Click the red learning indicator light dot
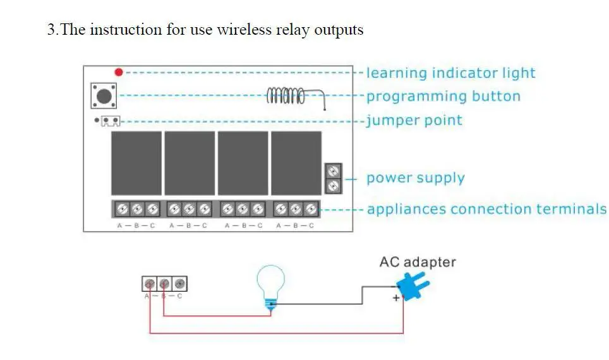point(119,72)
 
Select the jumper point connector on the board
point(111,121)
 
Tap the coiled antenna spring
point(286,95)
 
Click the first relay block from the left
point(136,163)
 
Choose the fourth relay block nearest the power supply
point(296,163)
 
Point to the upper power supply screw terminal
point(333,171)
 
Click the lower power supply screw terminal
point(333,186)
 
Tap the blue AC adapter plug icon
point(413,286)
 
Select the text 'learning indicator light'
point(451,73)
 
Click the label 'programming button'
point(443,96)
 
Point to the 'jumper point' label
point(414,121)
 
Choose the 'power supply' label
point(416,178)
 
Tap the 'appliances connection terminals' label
point(486,209)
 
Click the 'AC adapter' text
point(418,261)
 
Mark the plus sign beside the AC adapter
point(396,298)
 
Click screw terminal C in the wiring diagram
point(179,284)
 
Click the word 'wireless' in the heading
point(244,30)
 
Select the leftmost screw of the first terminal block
point(122,209)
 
